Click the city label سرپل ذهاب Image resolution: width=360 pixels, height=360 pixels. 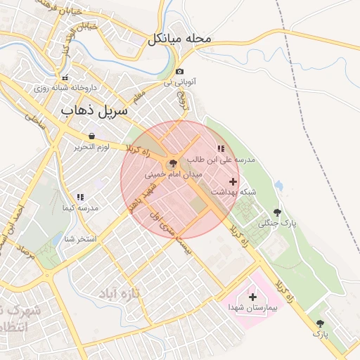(x=95, y=110)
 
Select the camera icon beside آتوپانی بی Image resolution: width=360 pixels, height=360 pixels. (x=181, y=72)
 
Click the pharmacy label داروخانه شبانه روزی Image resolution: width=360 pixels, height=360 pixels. (x=64, y=89)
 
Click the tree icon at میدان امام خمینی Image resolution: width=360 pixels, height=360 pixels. (x=173, y=162)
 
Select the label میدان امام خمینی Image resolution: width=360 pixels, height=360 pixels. (x=174, y=173)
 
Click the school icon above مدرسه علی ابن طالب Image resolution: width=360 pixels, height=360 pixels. (x=221, y=148)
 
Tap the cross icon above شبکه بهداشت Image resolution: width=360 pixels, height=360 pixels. (x=233, y=181)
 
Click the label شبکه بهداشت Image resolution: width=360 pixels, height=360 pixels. (x=233, y=192)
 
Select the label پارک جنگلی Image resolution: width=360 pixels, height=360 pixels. (x=278, y=224)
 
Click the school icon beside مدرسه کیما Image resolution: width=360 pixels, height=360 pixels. (x=79, y=197)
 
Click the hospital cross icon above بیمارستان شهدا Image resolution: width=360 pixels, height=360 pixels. (x=252, y=297)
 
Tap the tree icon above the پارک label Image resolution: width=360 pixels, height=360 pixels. (x=321, y=323)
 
